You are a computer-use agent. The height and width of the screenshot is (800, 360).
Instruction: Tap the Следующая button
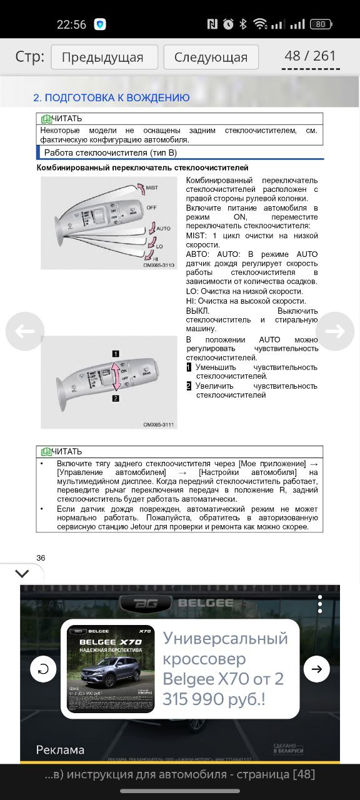pyautogui.click(x=211, y=57)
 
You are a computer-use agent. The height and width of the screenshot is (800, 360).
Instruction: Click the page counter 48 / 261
pyautogui.click(x=310, y=56)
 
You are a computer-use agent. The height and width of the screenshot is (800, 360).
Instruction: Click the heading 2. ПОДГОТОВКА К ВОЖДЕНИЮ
pyautogui.click(x=111, y=97)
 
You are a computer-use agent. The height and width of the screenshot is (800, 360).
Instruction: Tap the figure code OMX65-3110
pyautogui.click(x=159, y=265)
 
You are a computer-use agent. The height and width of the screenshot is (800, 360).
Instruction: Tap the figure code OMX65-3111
pyautogui.click(x=159, y=424)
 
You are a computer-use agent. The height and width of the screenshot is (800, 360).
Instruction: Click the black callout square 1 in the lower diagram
pyautogui.click(x=116, y=354)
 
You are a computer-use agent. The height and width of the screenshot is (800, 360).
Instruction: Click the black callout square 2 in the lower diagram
pyautogui.click(x=116, y=397)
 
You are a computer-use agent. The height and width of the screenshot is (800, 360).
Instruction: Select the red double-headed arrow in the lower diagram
pyautogui.click(x=116, y=376)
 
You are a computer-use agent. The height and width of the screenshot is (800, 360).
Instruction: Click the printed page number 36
pyautogui.click(x=41, y=557)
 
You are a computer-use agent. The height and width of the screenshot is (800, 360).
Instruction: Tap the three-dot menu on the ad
pyautogui.click(x=319, y=604)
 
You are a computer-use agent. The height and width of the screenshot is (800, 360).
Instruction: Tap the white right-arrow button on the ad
pyautogui.click(x=316, y=669)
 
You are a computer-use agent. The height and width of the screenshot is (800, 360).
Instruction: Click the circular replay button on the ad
pyautogui.click(x=43, y=669)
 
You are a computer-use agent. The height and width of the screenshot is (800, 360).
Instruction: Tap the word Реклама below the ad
pyautogui.click(x=60, y=749)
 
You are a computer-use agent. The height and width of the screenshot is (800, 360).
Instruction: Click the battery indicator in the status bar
pyautogui.click(x=321, y=24)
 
